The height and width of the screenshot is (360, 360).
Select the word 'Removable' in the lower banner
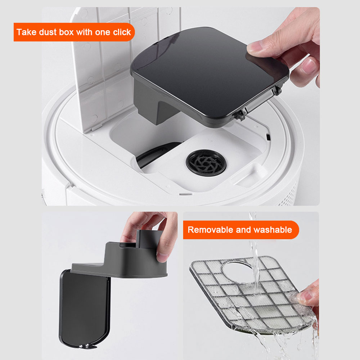209,230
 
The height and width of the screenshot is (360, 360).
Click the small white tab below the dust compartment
184,193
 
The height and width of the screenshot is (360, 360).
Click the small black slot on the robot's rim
268,138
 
